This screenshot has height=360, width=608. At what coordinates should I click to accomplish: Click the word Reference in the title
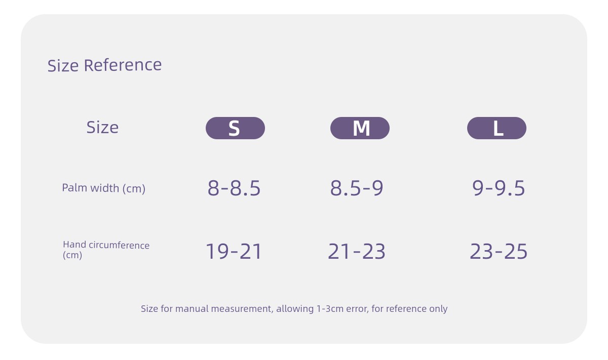123,65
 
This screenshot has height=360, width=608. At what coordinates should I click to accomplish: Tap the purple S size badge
235,128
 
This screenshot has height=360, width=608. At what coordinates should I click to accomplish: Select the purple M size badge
360,128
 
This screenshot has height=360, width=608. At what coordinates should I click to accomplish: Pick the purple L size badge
497,128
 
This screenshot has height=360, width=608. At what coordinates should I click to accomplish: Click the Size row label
102,127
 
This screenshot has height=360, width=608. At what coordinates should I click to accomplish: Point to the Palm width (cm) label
104,188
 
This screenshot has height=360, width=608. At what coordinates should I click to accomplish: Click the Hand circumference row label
106,245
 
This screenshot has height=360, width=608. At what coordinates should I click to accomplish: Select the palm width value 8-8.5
234,188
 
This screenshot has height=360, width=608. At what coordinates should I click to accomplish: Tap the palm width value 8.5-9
357,188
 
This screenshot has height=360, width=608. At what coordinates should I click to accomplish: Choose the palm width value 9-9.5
499,188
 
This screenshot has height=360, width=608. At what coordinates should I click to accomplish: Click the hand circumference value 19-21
234,251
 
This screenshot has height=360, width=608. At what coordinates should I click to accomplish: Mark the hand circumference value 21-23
357,251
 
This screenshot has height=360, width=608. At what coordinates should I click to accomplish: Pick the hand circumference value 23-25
499,251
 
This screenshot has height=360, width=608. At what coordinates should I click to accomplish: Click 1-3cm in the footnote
330,309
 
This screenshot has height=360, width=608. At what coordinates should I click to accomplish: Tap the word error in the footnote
358,309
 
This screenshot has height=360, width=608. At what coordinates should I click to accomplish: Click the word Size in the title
63,66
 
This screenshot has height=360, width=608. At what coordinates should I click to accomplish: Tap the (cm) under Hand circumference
72,255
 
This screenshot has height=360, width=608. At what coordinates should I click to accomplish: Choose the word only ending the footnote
438,309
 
